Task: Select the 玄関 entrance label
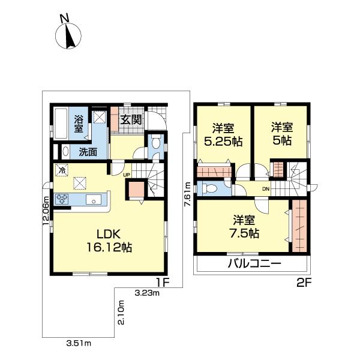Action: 131,119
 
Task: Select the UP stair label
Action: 127,175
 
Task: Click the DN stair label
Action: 265,189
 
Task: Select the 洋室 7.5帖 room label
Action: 247,227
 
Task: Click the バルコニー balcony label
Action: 254,265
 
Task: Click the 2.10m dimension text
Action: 121,313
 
